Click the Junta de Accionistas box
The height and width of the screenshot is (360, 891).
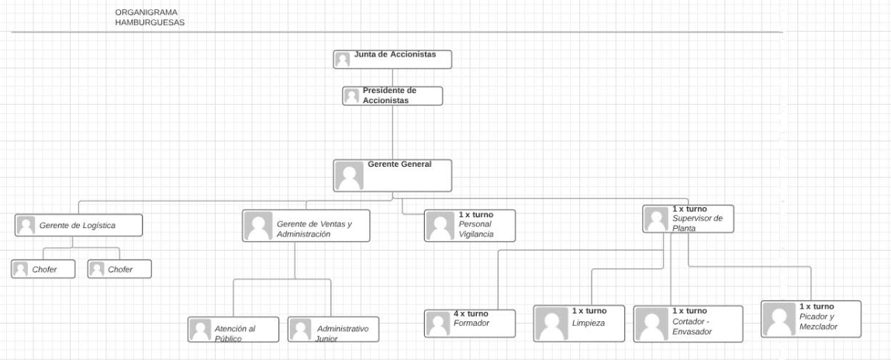[x=392, y=59]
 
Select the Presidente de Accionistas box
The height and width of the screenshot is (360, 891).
[x=392, y=95]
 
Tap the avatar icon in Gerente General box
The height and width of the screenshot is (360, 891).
[x=349, y=176]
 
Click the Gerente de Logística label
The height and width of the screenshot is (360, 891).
[x=78, y=225]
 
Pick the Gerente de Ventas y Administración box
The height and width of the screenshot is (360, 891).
[x=306, y=226]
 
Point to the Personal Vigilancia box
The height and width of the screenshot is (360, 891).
[x=469, y=226]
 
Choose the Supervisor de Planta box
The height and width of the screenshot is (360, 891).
[x=688, y=219]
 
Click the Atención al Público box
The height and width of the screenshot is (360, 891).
[x=233, y=329]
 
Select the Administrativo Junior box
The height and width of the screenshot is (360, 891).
[x=333, y=329]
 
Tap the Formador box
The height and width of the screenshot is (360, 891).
[x=469, y=324]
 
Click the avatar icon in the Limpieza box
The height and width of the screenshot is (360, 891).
[x=552, y=324]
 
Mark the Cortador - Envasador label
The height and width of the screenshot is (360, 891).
[x=692, y=327]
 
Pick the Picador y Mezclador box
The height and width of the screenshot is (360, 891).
[x=811, y=319]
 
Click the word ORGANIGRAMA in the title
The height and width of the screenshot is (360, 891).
[x=146, y=12]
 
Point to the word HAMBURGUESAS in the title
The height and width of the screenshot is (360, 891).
[x=150, y=22]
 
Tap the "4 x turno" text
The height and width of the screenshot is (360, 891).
[x=471, y=313]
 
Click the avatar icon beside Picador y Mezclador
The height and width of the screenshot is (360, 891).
[x=779, y=319]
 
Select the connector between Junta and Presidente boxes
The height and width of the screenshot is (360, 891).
[x=392, y=78]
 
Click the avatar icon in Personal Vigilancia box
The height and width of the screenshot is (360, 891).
[x=440, y=226]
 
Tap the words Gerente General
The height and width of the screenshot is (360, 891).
[x=399, y=164]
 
